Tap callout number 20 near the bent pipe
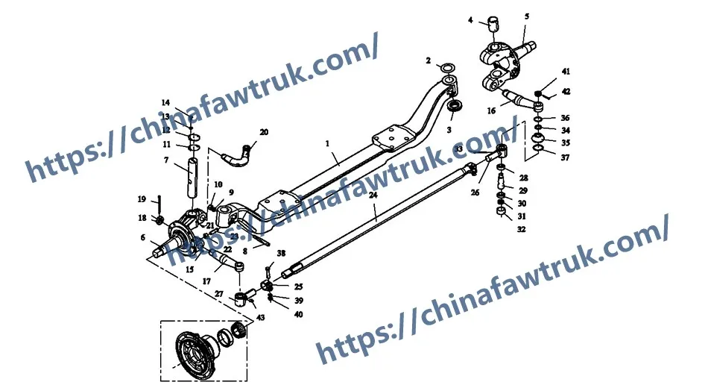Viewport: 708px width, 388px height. click(264, 132)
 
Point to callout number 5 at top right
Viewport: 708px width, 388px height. click(527, 15)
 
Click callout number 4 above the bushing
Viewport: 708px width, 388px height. click(470, 20)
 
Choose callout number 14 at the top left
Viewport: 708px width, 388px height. click(165, 102)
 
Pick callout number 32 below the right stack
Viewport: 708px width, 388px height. click(522, 229)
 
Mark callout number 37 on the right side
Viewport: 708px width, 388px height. click(566, 157)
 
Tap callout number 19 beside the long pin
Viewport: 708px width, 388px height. click(142, 199)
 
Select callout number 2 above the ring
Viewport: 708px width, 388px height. click(429, 60)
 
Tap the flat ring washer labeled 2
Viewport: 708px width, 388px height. click(448, 69)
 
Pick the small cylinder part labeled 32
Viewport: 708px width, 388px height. click(502, 215)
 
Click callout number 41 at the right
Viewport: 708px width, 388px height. click(566, 72)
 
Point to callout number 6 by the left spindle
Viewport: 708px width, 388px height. click(142, 237)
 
